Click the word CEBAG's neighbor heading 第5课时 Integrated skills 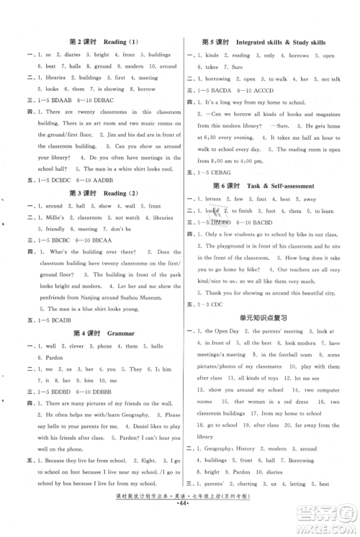click(x=262, y=42)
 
